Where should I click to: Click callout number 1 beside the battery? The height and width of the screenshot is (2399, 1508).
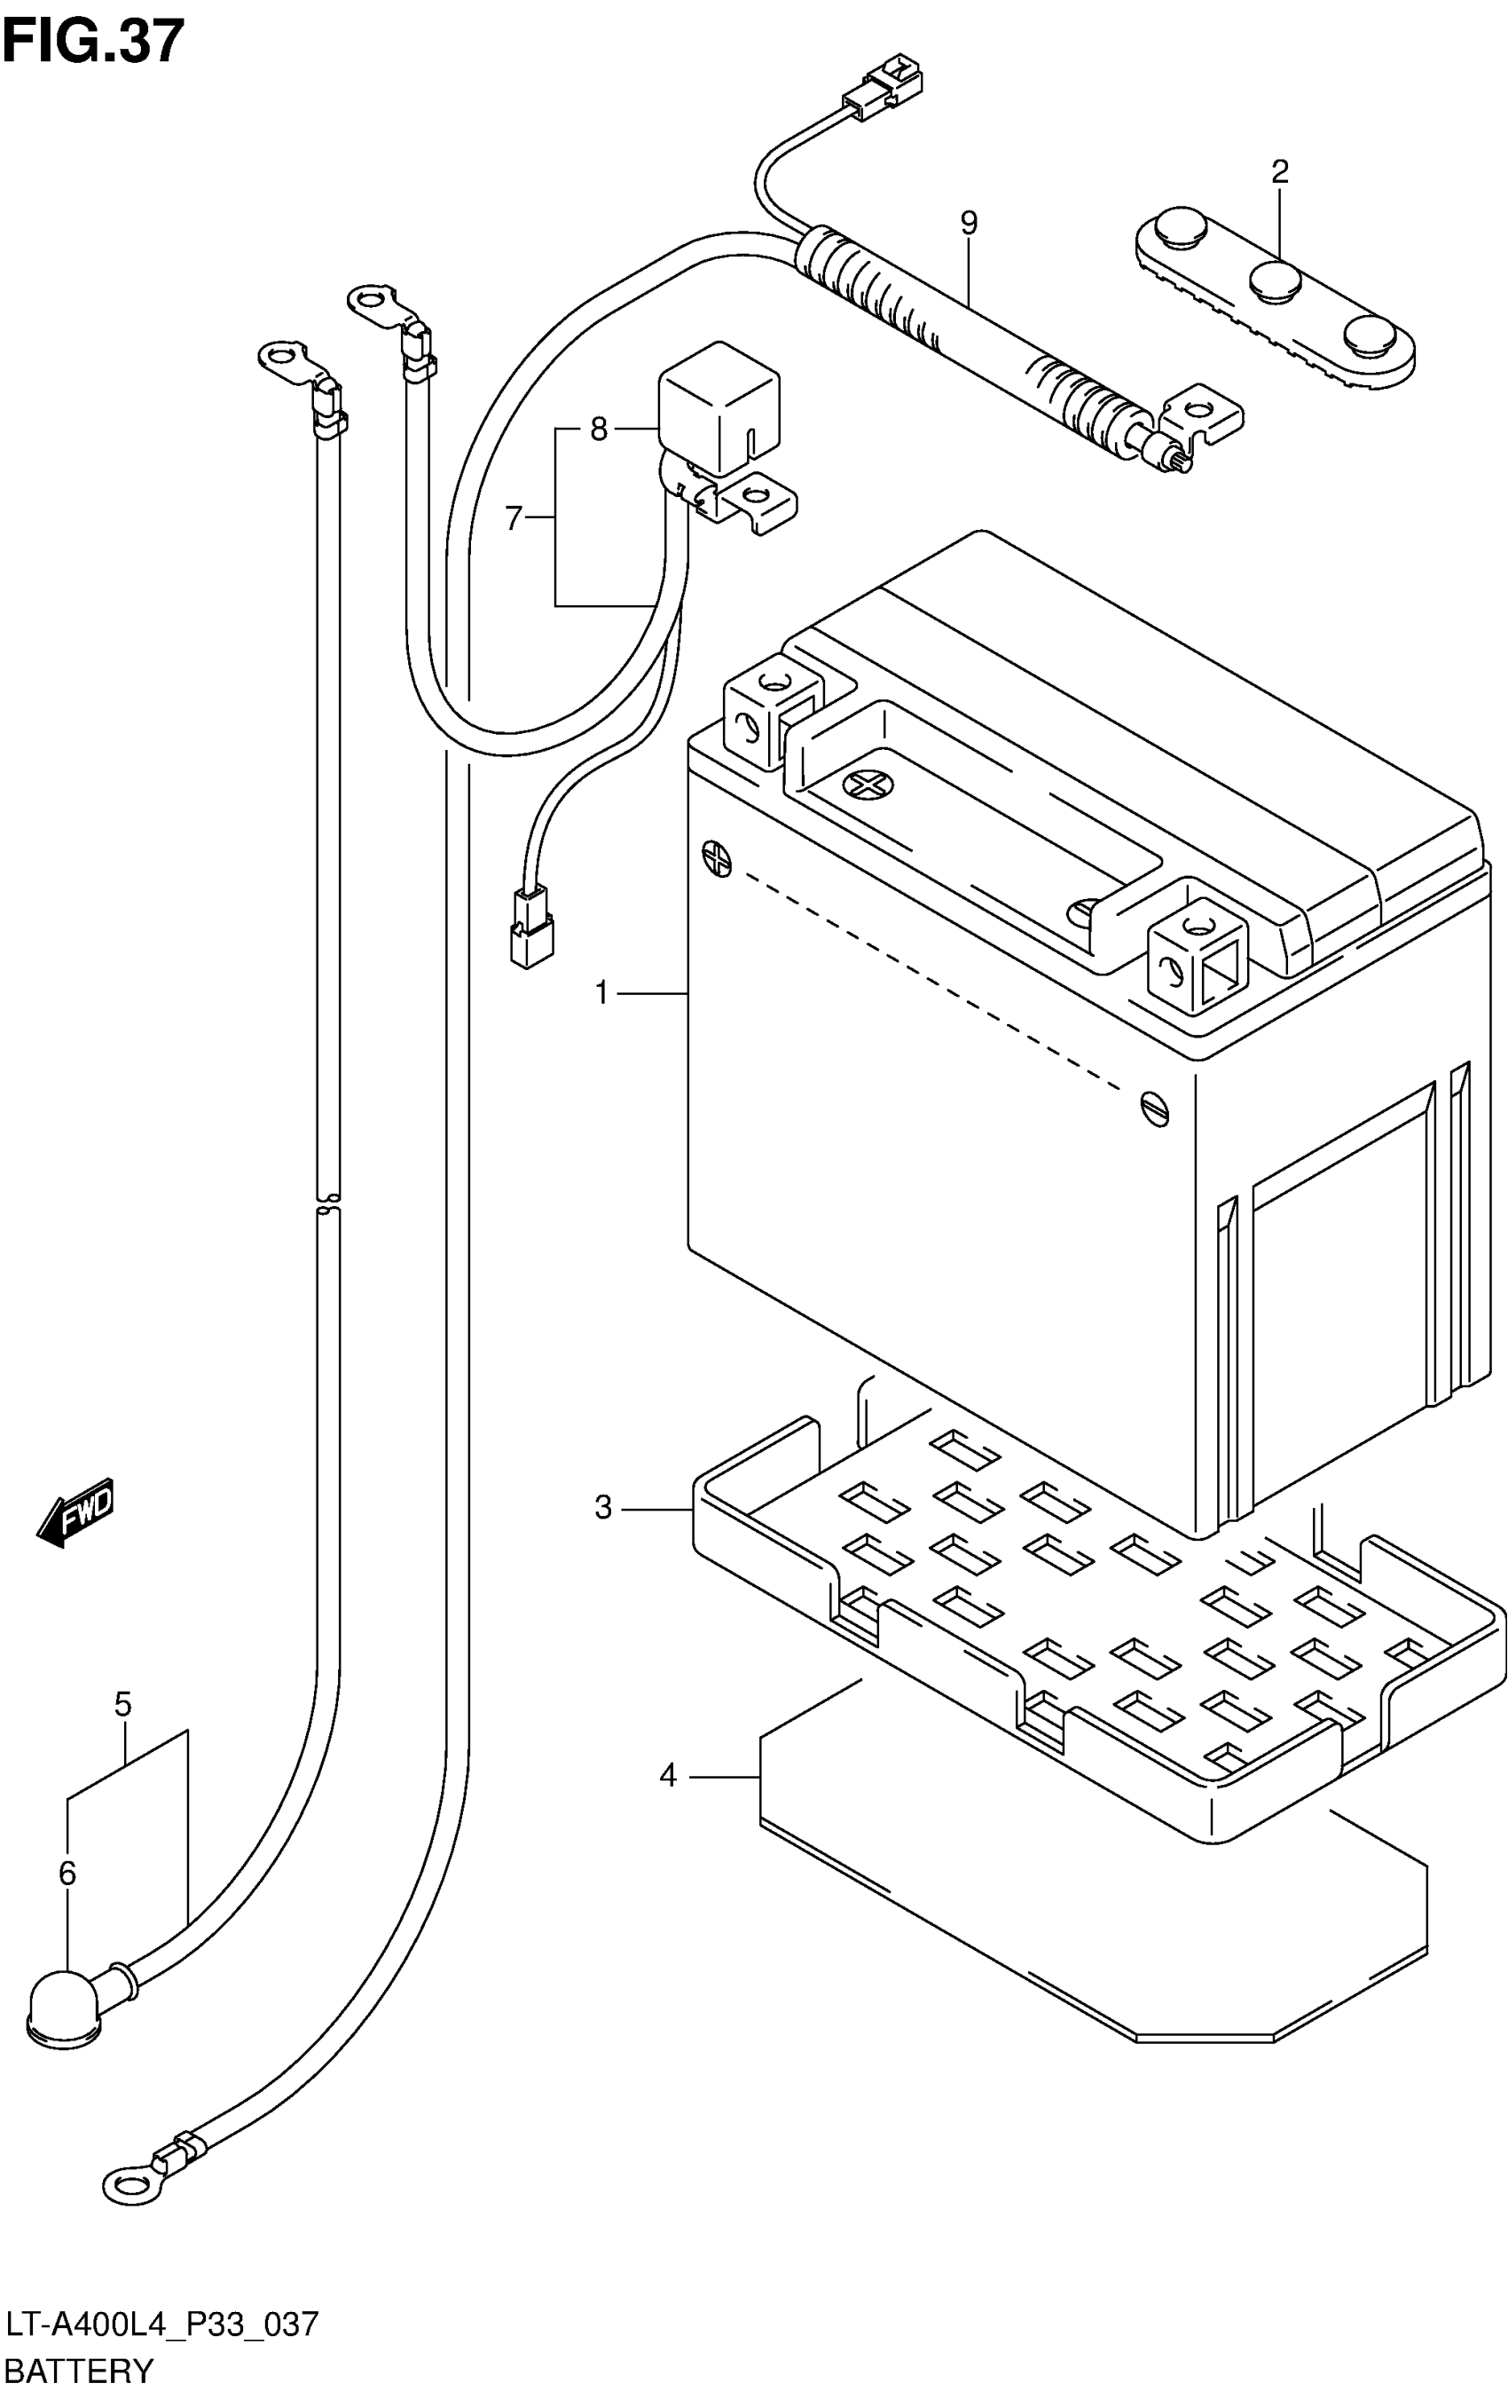point(601,993)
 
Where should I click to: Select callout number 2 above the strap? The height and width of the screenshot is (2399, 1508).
point(1280,172)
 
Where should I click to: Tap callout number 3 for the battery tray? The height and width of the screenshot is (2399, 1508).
point(602,1508)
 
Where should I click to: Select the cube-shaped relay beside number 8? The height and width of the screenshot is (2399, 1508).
point(719,406)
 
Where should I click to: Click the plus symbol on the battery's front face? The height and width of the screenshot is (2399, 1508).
point(716,856)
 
